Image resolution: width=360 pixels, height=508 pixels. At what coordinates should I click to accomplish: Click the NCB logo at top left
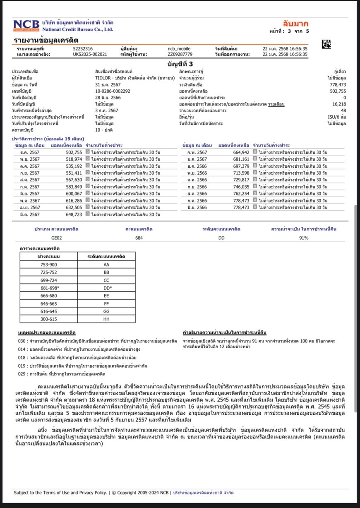[27, 25]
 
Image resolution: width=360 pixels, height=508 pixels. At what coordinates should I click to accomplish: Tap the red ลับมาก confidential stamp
[295, 23]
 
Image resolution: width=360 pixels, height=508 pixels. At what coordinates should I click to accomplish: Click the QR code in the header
[326, 44]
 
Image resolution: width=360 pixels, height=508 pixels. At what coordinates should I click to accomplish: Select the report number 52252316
[83, 48]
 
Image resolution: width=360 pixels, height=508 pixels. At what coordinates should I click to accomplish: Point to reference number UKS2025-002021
[90, 54]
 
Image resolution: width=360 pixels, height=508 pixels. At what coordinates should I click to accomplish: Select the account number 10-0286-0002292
[113, 91]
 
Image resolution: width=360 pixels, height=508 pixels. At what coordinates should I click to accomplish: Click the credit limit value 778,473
[338, 84]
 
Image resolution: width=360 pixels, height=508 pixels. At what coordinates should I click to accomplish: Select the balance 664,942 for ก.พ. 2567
[241, 152]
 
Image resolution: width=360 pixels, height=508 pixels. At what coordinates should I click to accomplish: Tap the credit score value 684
[139, 238]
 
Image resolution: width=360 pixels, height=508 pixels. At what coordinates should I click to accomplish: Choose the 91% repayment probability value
[304, 238]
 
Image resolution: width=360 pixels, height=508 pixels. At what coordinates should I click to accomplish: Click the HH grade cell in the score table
[106, 319]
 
